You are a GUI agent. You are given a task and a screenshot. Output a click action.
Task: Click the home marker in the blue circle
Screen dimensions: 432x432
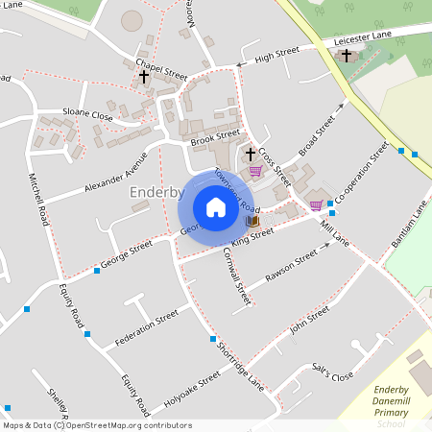pyautogui.click(x=215, y=206)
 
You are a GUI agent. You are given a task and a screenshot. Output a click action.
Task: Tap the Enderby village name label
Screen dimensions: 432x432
pyautogui.click(x=156, y=193)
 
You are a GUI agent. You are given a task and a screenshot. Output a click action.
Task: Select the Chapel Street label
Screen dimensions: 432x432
pyautogui.click(x=161, y=70)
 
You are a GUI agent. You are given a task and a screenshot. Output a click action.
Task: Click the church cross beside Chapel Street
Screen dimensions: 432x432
pyautogui.click(x=144, y=76)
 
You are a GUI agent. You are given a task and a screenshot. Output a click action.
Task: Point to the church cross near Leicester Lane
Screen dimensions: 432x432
pyautogui.click(x=346, y=56)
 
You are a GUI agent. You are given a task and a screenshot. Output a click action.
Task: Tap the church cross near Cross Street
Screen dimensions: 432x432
pyautogui.click(x=251, y=154)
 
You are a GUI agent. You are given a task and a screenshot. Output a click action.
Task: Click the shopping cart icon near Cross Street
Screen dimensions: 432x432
pyautogui.click(x=255, y=171)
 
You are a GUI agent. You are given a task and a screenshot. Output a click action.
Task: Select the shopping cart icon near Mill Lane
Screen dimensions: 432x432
pyautogui.click(x=316, y=204)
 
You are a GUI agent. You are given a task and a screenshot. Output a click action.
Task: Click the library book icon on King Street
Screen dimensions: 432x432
pyautogui.click(x=252, y=221)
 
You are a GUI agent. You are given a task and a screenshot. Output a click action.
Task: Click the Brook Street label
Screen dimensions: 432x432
pyautogui.click(x=215, y=137)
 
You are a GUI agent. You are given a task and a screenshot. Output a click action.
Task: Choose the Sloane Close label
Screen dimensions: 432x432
pyautogui.click(x=87, y=114)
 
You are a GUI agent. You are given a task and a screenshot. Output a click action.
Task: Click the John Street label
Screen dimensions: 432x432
pyautogui.click(x=309, y=318)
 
